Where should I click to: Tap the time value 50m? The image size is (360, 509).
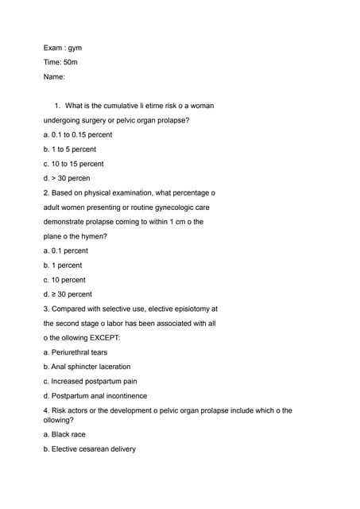[x=71, y=62]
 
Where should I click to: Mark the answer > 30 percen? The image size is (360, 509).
[x=67, y=178]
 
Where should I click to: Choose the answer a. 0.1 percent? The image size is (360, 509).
[x=66, y=251]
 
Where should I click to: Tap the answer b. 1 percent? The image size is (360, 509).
[x=63, y=265]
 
